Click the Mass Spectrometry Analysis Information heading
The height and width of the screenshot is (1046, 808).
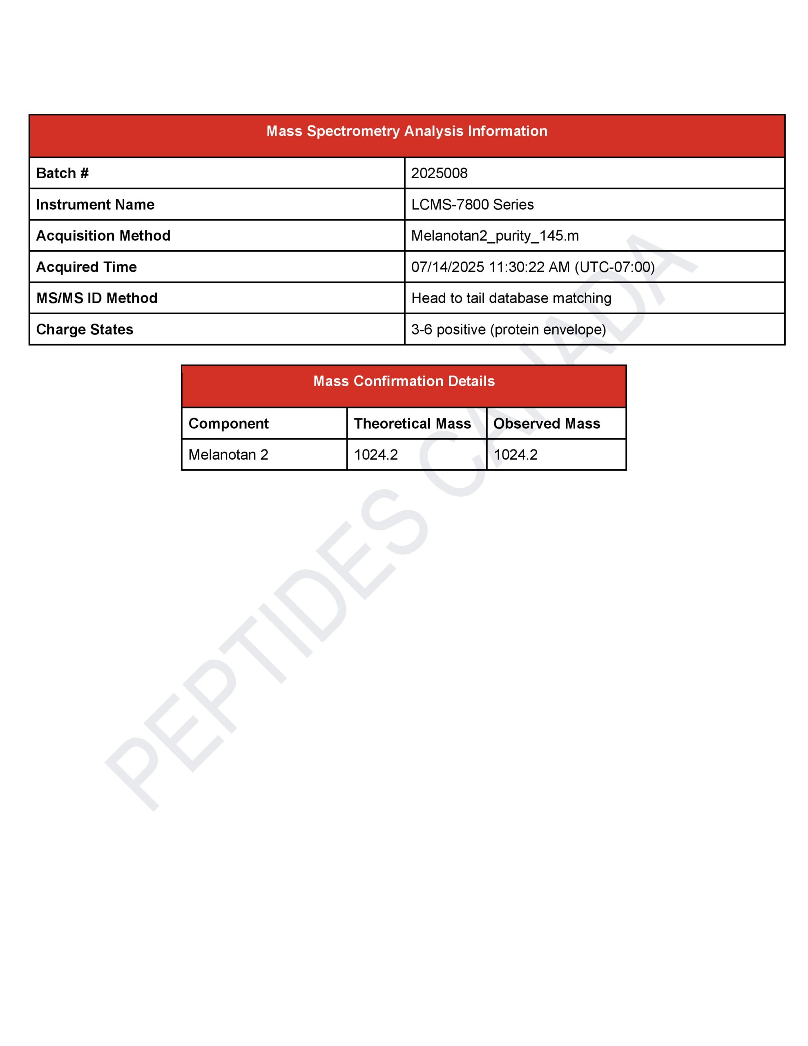pyautogui.click(x=406, y=131)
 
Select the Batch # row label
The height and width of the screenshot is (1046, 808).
pyautogui.click(x=62, y=173)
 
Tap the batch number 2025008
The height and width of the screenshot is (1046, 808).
pyautogui.click(x=439, y=173)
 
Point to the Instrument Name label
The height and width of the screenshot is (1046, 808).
pyautogui.click(x=95, y=205)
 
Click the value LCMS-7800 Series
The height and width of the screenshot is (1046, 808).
pyautogui.click(x=472, y=205)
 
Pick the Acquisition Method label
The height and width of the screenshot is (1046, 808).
pyautogui.click(x=103, y=236)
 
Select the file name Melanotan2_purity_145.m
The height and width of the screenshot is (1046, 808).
pyautogui.click(x=495, y=236)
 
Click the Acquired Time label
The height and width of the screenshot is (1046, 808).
pyautogui.click(x=86, y=267)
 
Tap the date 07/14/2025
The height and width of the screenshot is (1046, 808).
pyautogui.click(x=447, y=267)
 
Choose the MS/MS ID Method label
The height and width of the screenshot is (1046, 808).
pyautogui.click(x=97, y=298)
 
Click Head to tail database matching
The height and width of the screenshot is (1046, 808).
pyautogui.click(x=511, y=298)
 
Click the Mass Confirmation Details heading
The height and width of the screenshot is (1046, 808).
pyautogui.click(x=404, y=381)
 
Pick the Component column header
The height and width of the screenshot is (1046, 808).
pyautogui.click(x=228, y=423)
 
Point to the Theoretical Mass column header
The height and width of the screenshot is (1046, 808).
pyautogui.click(x=413, y=423)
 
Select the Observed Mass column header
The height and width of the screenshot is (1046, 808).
pyautogui.click(x=547, y=423)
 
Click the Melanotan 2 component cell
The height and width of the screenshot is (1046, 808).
pyautogui.click(x=228, y=454)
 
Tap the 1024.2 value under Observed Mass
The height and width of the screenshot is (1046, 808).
pyautogui.click(x=516, y=454)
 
